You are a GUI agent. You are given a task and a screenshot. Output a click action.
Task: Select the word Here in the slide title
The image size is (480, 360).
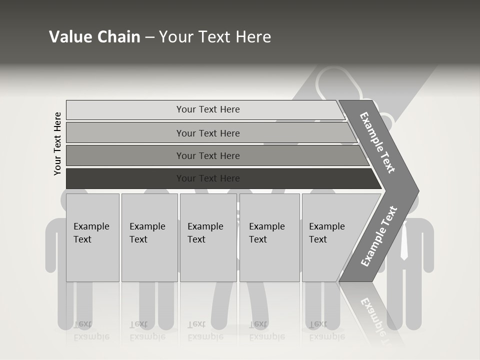(x=253, y=37)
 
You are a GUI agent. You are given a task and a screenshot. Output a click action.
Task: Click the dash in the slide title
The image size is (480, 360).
(x=149, y=37)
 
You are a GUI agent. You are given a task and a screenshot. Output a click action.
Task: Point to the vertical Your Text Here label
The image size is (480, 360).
(x=57, y=143)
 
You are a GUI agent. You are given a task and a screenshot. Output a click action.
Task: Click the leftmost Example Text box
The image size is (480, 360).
(x=92, y=237)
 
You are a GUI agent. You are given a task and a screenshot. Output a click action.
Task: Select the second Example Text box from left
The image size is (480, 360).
(x=149, y=237)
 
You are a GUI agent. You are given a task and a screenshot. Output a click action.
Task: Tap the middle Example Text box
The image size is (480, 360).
(x=208, y=237)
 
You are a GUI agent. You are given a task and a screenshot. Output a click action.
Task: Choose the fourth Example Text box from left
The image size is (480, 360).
(x=269, y=237)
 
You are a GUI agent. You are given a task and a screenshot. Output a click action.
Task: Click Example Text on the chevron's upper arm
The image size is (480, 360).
(x=377, y=142)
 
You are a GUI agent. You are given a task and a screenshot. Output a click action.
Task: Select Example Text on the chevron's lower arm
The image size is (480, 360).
(x=378, y=236)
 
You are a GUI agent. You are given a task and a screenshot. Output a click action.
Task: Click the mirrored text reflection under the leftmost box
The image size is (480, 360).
(x=91, y=330)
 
